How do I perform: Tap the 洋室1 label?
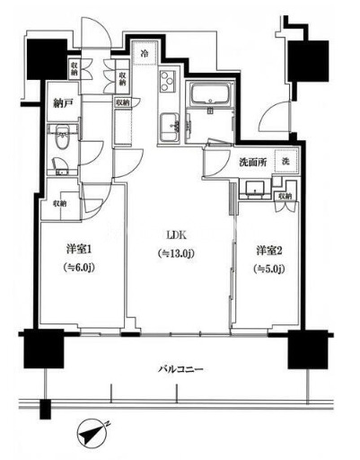click(79, 249)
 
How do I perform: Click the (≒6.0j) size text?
click(79, 266)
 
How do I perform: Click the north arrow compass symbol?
click(94, 435)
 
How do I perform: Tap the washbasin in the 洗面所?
click(255, 189)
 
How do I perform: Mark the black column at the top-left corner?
click(44, 59)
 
